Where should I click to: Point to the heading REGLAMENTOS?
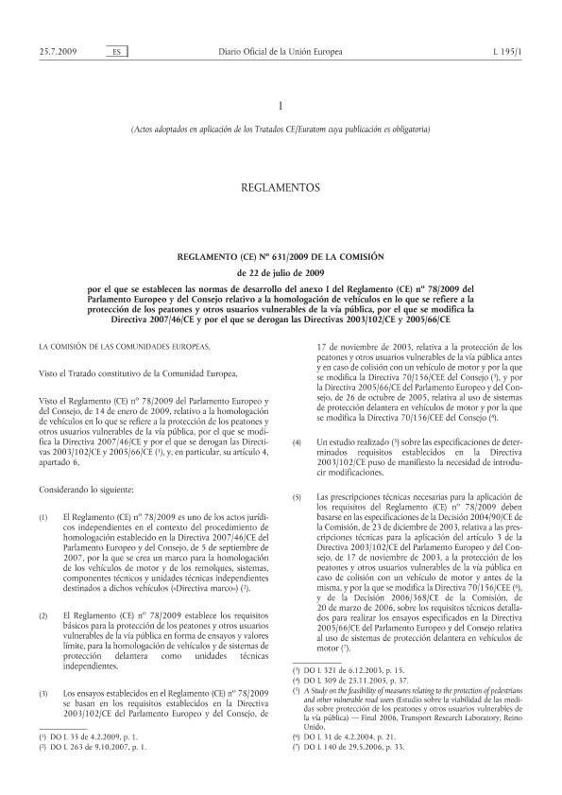pyautogui.click(x=281, y=188)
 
